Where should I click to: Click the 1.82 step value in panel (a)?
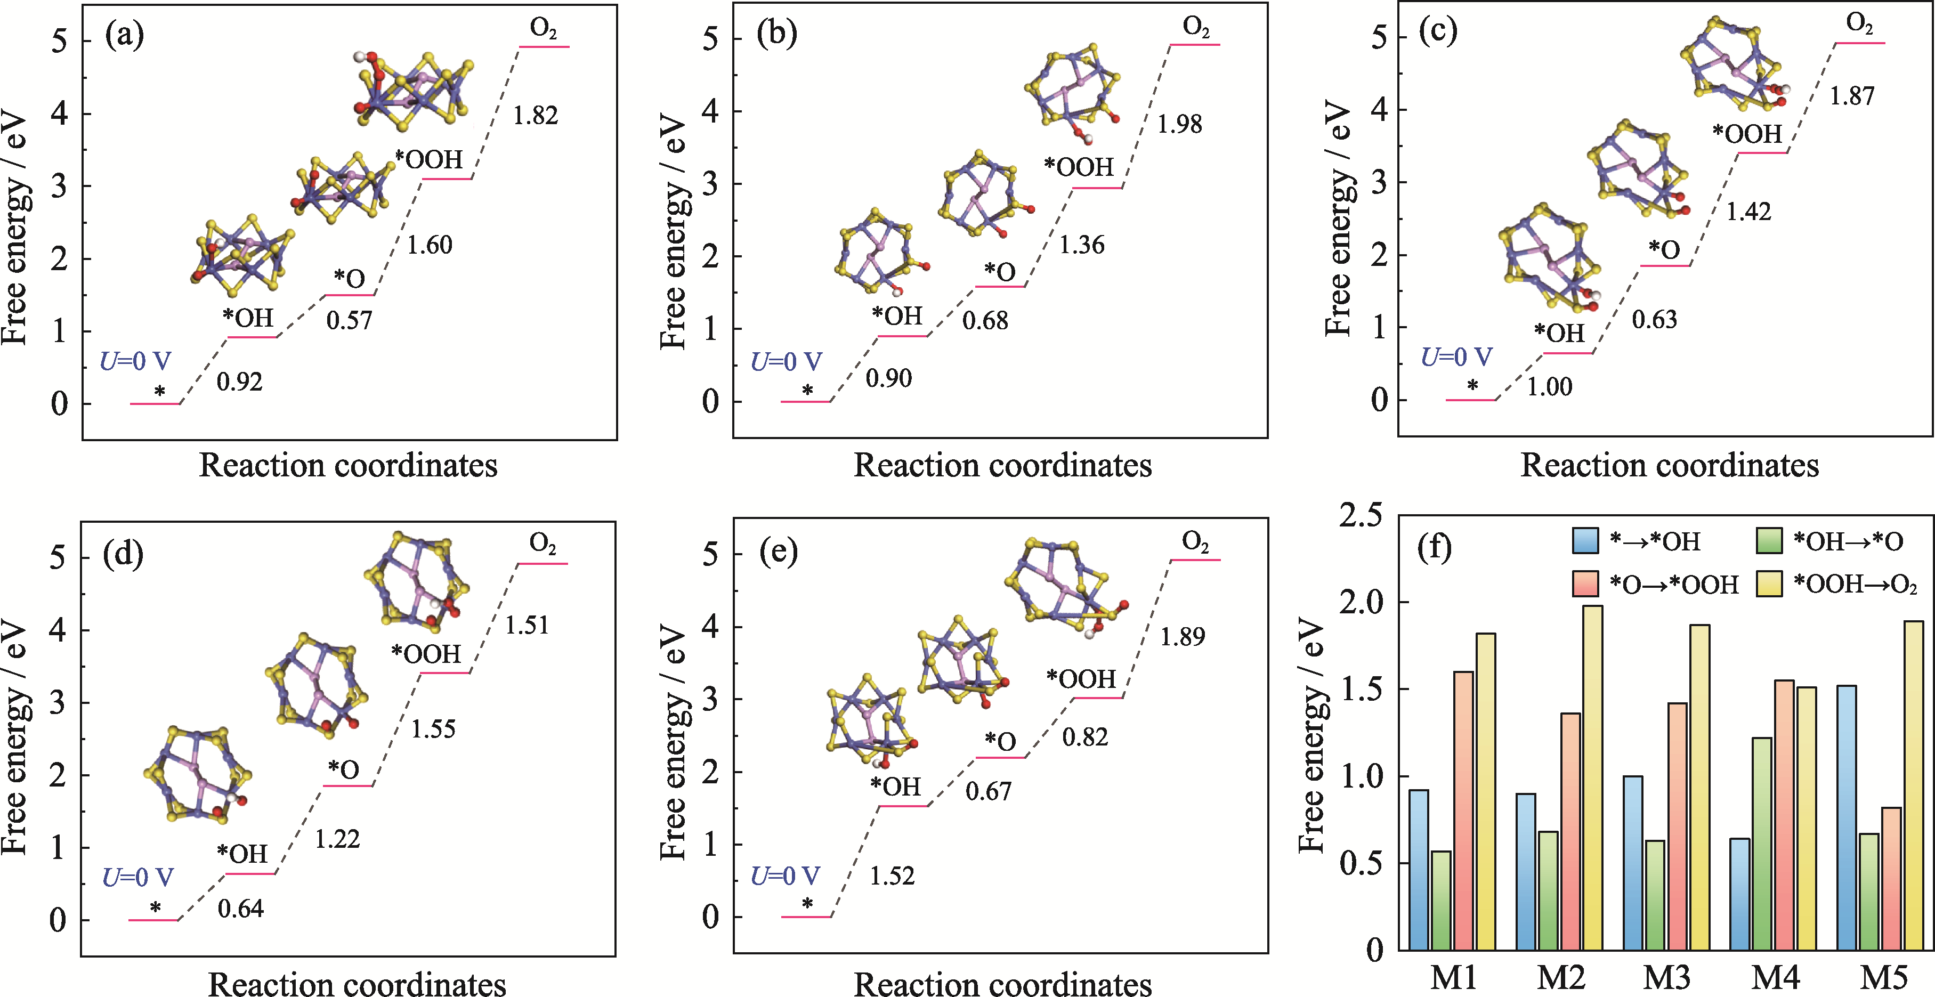(x=535, y=116)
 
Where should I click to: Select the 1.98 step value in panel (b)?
(x=1179, y=125)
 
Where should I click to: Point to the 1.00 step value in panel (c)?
(x=1549, y=387)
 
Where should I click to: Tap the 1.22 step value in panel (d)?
(x=337, y=839)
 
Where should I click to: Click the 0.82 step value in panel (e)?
(x=1084, y=737)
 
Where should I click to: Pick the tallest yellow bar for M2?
(x=1592, y=777)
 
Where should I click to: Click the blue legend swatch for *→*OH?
(x=1585, y=541)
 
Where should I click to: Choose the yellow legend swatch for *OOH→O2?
(x=1769, y=584)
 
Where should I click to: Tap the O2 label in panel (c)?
(x=1859, y=24)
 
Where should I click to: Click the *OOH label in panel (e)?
(x=1080, y=679)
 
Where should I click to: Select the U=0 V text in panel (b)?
(x=786, y=361)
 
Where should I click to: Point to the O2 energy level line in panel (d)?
(x=543, y=563)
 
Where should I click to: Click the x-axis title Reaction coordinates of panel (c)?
(x=1669, y=465)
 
